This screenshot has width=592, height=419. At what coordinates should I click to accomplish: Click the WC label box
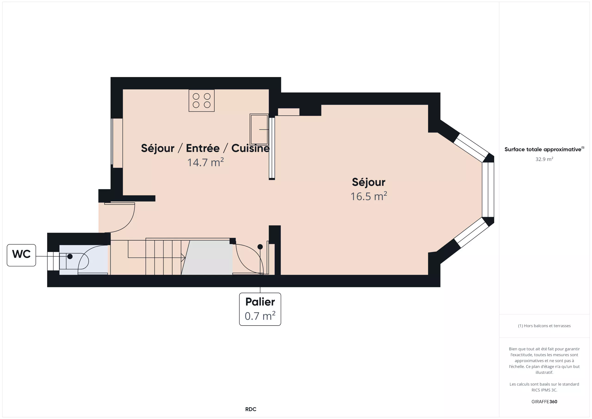pos(22,255)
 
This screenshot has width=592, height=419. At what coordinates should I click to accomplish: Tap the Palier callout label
pos(260,309)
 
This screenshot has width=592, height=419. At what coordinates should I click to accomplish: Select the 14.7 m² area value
pos(206,162)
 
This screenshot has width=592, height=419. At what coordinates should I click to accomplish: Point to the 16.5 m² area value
pos(369,196)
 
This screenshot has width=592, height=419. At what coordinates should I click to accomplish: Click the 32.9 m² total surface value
pos(544,159)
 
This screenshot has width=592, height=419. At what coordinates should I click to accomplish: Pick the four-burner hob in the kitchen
pos(202,101)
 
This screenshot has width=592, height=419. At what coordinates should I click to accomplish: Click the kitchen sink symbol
pos(259,129)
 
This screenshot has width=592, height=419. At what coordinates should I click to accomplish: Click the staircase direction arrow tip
pos(185,258)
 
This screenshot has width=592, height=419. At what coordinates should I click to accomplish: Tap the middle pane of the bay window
pos(488,189)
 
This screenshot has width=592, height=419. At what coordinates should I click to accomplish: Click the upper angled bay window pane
pos(471,148)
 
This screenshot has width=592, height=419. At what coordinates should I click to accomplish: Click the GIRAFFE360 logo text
pos(544,401)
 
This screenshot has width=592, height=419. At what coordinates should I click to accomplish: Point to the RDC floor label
pos(251,409)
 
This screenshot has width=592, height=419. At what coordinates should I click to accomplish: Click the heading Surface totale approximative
pos(543,149)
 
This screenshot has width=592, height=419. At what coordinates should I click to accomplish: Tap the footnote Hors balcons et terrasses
pos(544,326)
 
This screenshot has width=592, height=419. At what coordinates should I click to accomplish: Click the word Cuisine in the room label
pos(250,148)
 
